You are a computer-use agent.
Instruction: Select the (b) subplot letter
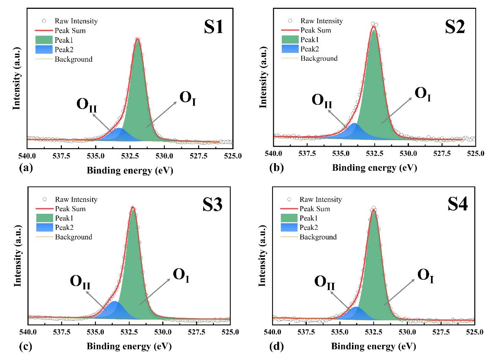(276, 168)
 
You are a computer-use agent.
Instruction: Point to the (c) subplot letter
(26, 347)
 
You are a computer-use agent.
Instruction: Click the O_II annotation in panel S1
(87, 106)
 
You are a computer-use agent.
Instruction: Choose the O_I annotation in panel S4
(426, 275)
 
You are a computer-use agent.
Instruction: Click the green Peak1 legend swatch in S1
(44, 40)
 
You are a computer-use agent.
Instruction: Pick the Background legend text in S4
(318, 237)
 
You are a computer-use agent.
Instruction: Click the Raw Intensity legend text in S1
(76, 21)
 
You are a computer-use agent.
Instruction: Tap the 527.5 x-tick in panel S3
(197, 333)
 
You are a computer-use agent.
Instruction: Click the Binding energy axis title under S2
(374, 168)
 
